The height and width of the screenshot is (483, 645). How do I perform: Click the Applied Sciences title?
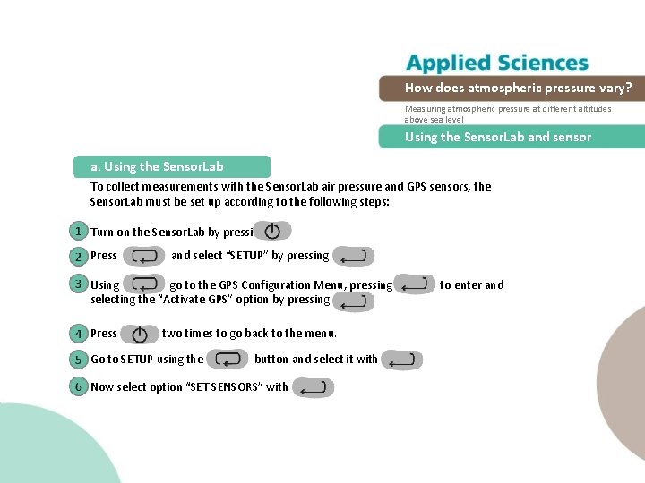click(x=497, y=63)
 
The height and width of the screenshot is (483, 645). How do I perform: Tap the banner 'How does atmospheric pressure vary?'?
click(x=518, y=88)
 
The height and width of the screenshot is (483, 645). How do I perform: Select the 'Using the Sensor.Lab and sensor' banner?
click(x=498, y=137)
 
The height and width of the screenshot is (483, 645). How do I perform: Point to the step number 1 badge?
click(x=78, y=232)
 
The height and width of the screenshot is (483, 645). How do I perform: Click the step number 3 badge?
click(x=78, y=284)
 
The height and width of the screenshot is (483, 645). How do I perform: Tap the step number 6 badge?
click(x=78, y=386)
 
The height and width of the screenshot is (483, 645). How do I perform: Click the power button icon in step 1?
click(x=272, y=232)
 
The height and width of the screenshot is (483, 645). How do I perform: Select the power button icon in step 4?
click(x=139, y=334)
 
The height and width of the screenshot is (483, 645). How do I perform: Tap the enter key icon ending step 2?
click(x=354, y=256)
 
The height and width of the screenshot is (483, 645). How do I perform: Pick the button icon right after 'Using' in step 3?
click(x=144, y=285)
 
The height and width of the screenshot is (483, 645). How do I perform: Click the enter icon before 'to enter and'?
click(x=415, y=285)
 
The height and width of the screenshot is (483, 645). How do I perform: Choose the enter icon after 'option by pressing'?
click(x=353, y=301)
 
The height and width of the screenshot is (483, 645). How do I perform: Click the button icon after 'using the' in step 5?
click(x=228, y=360)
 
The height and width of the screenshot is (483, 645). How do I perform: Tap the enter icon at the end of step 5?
click(x=400, y=360)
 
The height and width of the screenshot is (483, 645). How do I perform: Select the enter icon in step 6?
click(x=314, y=387)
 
